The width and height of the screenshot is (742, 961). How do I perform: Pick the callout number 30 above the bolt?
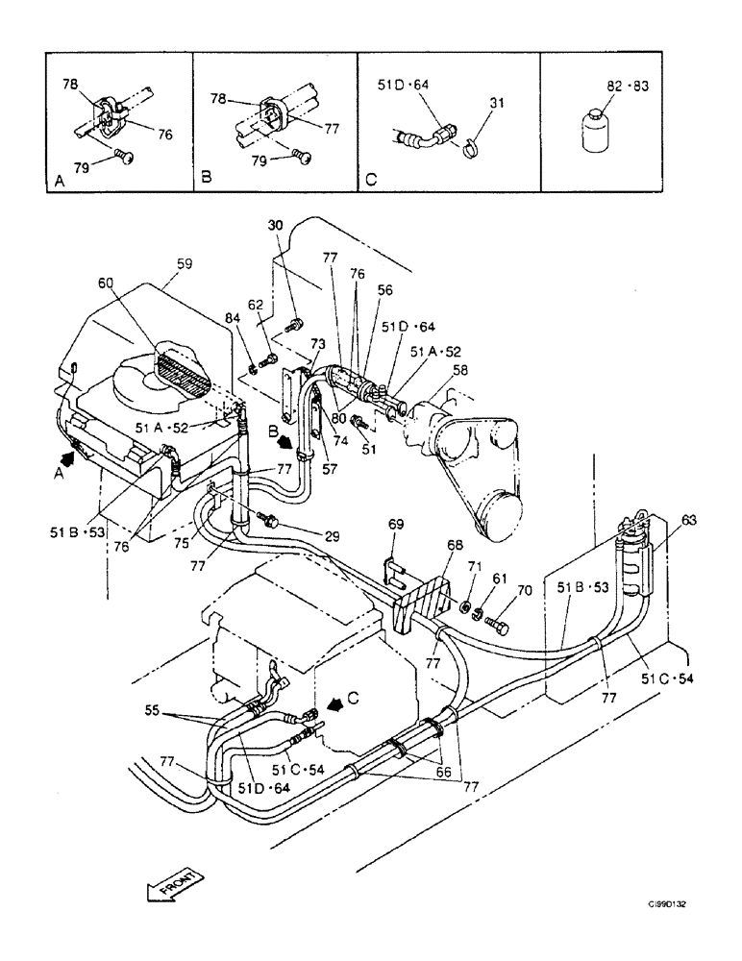pyautogui.click(x=277, y=225)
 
